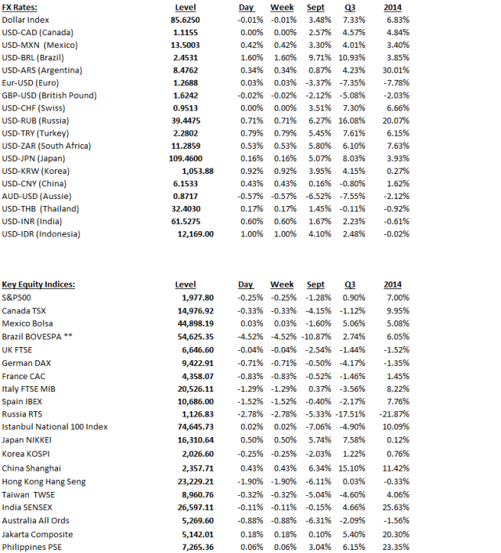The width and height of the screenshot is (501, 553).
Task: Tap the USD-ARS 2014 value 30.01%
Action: point(398,68)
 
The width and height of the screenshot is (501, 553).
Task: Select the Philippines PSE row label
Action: point(37,546)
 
